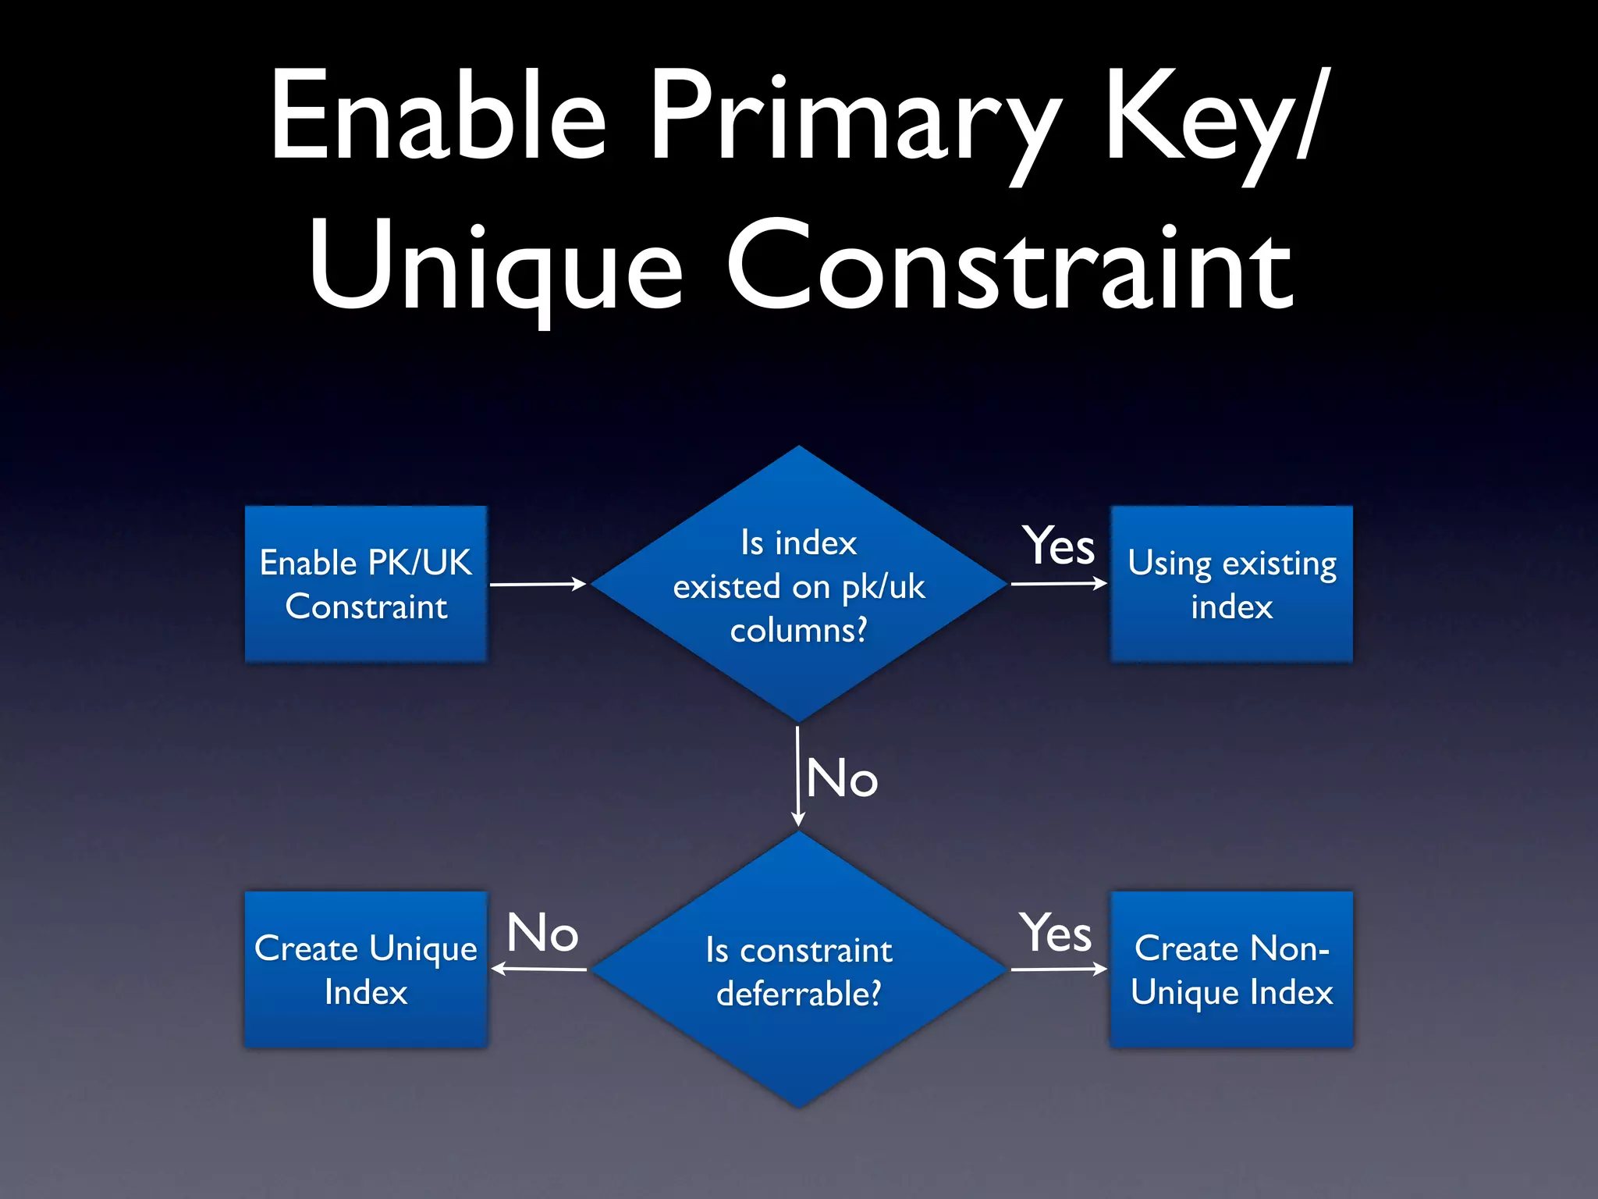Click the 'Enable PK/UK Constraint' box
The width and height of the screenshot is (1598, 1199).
click(366, 584)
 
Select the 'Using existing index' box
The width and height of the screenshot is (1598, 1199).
click(1231, 584)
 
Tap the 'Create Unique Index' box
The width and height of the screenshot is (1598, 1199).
click(366, 970)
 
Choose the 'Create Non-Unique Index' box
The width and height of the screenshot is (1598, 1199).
click(1231, 970)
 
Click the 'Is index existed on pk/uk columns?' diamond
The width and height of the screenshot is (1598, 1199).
click(798, 584)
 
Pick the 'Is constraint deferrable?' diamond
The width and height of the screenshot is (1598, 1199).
click(798, 970)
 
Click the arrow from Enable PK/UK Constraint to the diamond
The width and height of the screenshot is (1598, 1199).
click(538, 584)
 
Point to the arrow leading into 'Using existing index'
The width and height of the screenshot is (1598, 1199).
click(1059, 583)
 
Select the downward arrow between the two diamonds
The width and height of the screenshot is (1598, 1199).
click(797, 776)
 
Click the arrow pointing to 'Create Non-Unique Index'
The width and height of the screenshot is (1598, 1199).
click(1059, 970)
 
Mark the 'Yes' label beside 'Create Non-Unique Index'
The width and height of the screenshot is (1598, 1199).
click(1055, 933)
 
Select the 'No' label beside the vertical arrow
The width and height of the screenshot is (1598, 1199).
click(842, 778)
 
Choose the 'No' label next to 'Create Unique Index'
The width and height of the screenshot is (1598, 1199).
click(542, 933)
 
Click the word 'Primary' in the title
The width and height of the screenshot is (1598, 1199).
click(855, 117)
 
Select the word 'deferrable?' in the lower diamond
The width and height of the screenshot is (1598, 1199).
click(798, 994)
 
